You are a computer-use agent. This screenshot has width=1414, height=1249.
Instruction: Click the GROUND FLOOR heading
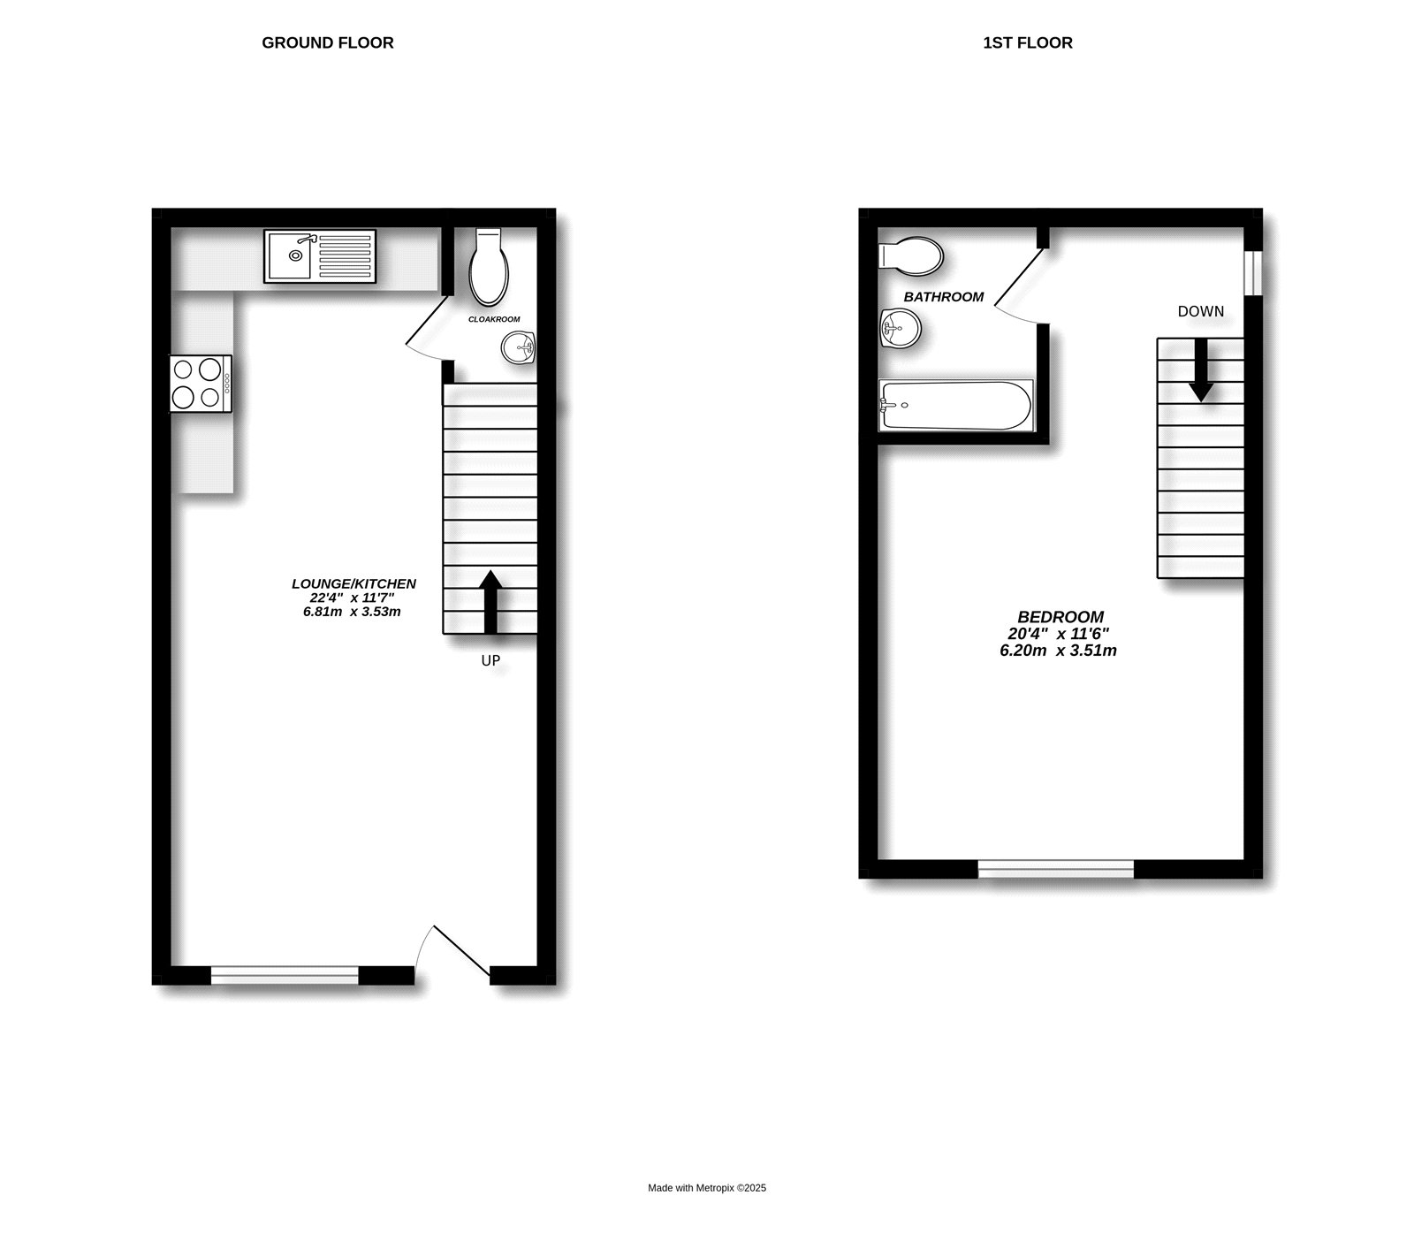pyautogui.click(x=328, y=42)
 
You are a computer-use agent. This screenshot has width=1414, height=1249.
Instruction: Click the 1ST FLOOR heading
pyautogui.click(x=1028, y=42)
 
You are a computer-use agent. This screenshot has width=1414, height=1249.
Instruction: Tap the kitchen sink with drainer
pyautogui.click(x=320, y=256)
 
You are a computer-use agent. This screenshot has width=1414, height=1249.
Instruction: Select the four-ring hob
pyautogui.click(x=201, y=383)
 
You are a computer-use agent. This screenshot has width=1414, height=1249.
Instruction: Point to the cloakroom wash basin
pyautogui.click(x=519, y=347)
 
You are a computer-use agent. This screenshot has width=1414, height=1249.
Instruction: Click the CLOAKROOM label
pyautogui.click(x=494, y=319)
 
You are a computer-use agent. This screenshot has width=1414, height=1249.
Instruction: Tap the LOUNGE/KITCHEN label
pyautogui.click(x=353, y=583)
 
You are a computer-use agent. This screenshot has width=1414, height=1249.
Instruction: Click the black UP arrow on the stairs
pyautogui.click(x=490, y=602)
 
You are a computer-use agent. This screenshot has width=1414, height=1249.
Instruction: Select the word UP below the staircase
pyautogui.click(x=490, y=660)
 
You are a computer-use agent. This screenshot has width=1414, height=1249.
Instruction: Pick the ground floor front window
pyautogui.click(x=285, y=975)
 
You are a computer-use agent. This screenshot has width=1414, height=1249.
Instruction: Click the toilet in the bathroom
pyautogui.click(x=911, y=255)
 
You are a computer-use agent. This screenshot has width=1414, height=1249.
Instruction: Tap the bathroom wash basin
pyautogui.click(x=900, y=331)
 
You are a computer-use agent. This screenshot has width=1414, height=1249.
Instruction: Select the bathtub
pyautogui.click(x=955, y=406)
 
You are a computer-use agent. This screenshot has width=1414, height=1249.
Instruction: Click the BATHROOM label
pyautogui.click(x=944, y=297)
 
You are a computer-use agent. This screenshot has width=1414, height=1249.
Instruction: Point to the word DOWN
pyautogui.click(x=1201, y=311)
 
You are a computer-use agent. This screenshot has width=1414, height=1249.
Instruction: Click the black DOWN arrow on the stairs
pyautogui.click(x=1200, y=369)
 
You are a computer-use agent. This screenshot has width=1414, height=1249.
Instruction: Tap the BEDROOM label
pyautogui.click(x=1060, y=617)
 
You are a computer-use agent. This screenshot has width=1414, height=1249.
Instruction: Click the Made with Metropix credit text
pyautogui.click(x=707, y=1188)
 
